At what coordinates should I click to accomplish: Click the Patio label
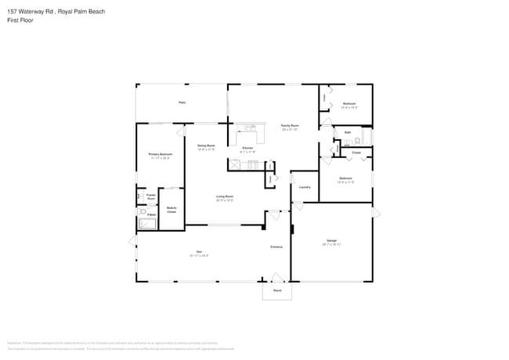click(182, 103)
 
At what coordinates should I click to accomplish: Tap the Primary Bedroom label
click(161, 155)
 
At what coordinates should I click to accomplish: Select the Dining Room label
click(206, 146)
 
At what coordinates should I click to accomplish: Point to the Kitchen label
click(247, 148)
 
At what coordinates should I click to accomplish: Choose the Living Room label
click(225, 196)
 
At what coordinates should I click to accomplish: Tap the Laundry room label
click(305, 187)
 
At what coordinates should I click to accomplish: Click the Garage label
click(331, 240)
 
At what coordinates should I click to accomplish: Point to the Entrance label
click(276, 247)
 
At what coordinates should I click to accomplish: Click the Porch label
click(277, 290)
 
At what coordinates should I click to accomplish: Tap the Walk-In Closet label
click(171, 209)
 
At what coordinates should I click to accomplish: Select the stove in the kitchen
click(253, 164)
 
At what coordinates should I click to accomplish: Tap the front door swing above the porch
click(276, 277)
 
